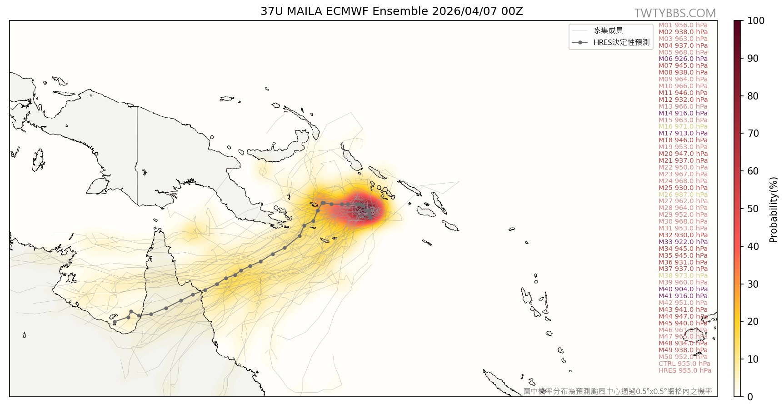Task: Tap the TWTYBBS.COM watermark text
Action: [675, 13]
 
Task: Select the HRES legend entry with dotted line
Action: [611, 42]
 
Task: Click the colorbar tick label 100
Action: [756, 21]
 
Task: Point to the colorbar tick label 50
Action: [753, 209]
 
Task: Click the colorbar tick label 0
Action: [750, 397]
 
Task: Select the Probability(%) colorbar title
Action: [774, 209]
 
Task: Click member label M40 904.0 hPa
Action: [683, 289]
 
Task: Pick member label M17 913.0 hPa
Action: [683, 133]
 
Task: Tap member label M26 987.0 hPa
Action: [683, 195]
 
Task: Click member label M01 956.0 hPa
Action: [683, 25]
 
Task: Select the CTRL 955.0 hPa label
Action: [684, 364]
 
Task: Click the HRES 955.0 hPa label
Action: [684, 370]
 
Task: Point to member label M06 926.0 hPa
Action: [683, 59]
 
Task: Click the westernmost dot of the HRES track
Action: [115, 322]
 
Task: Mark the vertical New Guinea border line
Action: [137, 155]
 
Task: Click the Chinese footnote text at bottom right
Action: [617, 391]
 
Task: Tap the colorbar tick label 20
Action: [753, 322]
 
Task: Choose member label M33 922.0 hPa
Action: [683, 242]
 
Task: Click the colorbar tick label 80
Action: [753, 96]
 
